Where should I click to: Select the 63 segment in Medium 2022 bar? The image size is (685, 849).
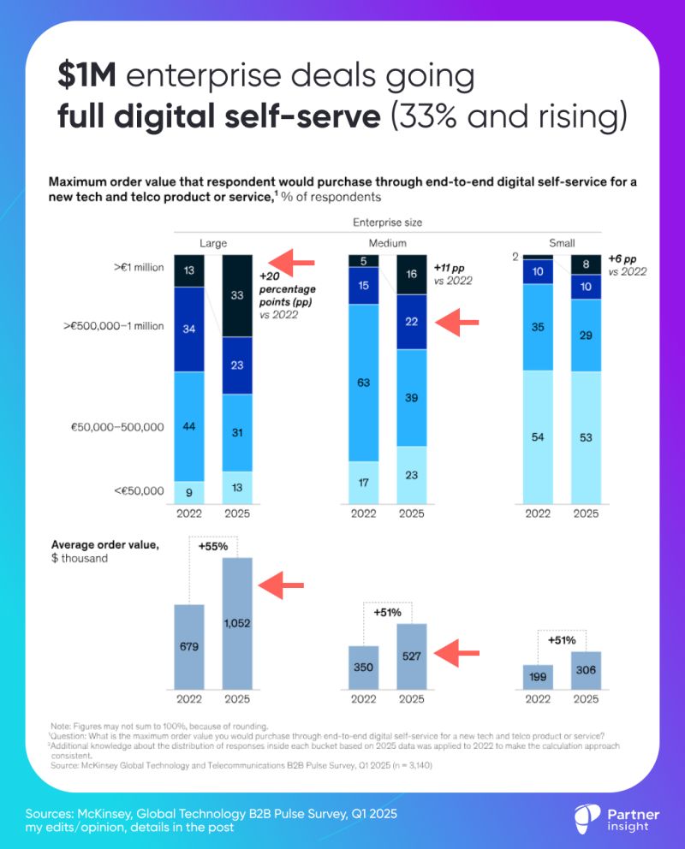tap(363, 382)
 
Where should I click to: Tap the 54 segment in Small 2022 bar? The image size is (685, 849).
tap(538, 436)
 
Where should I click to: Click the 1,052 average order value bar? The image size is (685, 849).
tap(237, 623)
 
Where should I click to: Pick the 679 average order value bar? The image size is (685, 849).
tap(189, 646)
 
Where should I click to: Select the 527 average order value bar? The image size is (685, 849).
tap(412, 656)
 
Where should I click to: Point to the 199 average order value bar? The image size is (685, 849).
tap(538, 676)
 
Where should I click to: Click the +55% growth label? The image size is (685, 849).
tap(213, 545)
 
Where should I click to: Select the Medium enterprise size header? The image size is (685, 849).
tap(387, 243)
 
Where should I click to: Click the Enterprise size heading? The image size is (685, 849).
tap(387, 223)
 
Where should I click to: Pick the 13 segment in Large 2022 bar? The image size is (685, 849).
tap(189, 270)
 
